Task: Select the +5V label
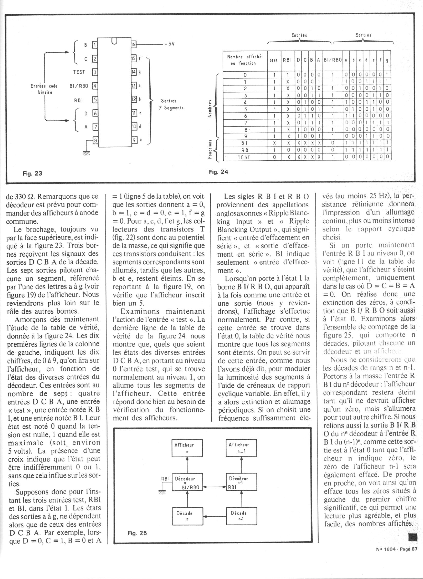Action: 169,44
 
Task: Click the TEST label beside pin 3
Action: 79,72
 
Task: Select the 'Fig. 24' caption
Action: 218,172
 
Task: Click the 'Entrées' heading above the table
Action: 299,35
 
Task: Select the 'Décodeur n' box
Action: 187,482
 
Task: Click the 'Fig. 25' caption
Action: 137,533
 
